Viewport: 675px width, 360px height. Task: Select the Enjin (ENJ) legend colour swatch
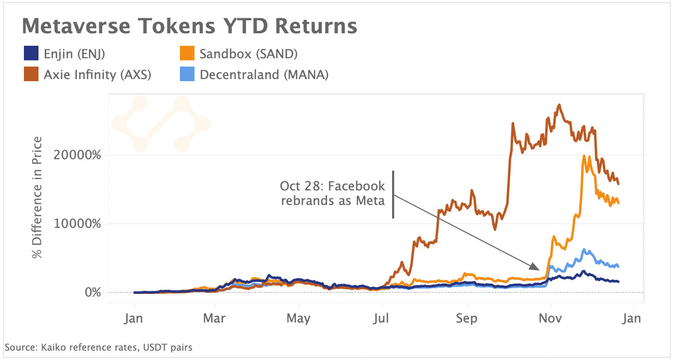coord(31,54)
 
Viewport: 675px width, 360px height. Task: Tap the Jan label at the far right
coord(630,318)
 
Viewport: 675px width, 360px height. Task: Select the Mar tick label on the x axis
coord(215,318)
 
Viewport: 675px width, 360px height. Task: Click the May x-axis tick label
coord(298,318)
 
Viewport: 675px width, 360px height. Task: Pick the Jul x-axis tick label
coord(382,318)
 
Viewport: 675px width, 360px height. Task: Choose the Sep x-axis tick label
coord(466,318)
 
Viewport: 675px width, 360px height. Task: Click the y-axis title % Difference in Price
coord(37,197)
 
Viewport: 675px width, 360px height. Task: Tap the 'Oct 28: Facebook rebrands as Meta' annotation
coord(333,193)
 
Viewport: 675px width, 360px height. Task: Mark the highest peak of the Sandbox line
coord(585,156)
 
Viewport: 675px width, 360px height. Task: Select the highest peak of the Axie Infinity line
coord(560,105)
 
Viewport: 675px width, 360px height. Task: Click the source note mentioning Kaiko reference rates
coord(98,347)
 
